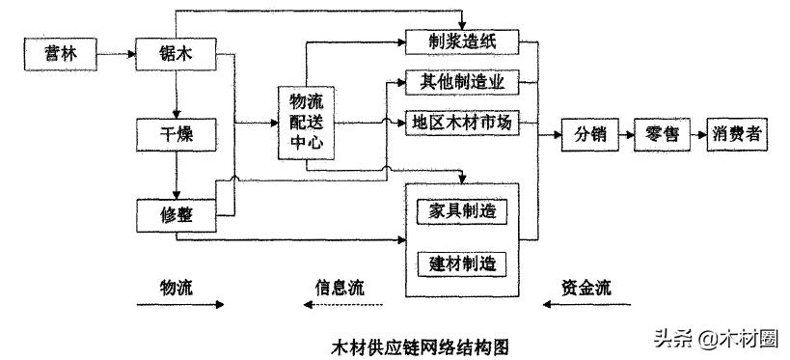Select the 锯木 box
176,55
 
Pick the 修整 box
176,214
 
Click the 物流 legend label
177,287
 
